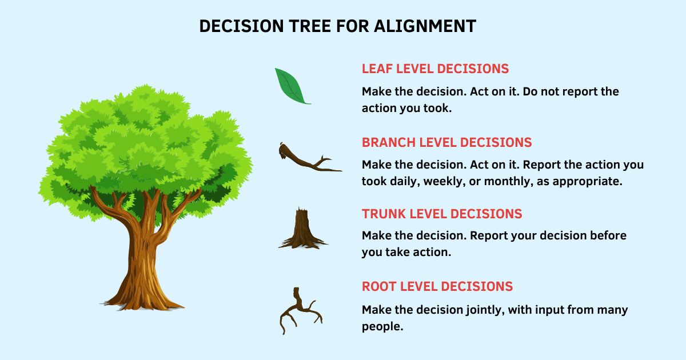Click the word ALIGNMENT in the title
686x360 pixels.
[425, 26]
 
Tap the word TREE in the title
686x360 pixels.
[310, 26]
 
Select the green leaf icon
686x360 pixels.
[293, 86]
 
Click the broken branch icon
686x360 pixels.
[310, 157]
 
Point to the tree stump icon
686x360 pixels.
[302, 228]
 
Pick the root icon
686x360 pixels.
[301, 310]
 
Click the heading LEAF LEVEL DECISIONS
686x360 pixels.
[435, 69]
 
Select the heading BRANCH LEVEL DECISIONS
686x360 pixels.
[447, 143]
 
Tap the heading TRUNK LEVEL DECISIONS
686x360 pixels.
[442, 214]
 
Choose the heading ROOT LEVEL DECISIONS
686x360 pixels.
[437, 286]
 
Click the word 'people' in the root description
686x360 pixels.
[382, 327]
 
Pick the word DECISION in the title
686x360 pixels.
[242, 26]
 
